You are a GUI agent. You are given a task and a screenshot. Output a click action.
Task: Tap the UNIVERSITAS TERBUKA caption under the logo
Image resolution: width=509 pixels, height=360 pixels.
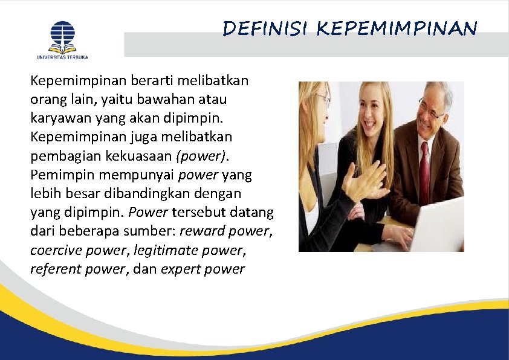(63, 57)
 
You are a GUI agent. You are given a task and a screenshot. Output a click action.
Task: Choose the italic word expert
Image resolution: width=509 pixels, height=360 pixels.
(180, 269)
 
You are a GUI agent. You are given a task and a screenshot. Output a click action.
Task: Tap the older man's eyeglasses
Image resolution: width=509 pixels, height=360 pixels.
(430, 109)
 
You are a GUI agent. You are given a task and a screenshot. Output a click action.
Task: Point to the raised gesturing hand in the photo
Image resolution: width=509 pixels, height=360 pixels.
(365, 181)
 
